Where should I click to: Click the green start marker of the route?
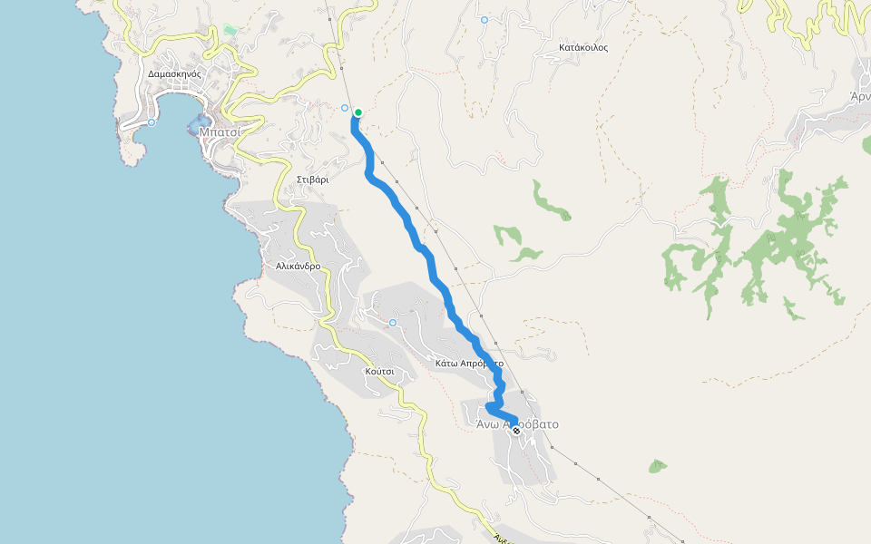(358, 113)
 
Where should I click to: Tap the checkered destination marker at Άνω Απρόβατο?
(516, 431)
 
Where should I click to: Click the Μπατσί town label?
(219, 131)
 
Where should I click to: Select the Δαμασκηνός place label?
(174, 73)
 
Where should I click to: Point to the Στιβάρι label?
(312, 180)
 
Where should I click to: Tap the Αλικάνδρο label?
(298, 267)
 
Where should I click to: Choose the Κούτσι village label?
(379, 372)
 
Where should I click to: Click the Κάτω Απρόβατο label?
(469, 363)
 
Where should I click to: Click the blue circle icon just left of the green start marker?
(345, 108)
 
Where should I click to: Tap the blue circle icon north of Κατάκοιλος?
(484, 19)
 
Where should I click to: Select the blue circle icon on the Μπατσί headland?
(152, 122)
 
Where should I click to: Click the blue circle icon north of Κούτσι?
(393, 323)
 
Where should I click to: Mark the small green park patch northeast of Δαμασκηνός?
(230, 31)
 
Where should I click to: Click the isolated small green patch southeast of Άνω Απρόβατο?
(658, 466)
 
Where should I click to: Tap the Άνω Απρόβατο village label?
(517, 423)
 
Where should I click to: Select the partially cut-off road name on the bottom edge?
(499, 538)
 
